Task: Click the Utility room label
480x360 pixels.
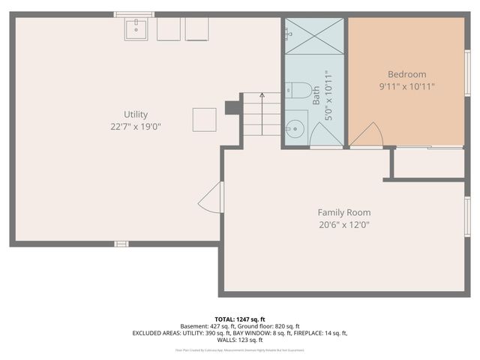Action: coord(136,115)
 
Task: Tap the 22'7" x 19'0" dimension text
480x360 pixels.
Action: coord(136,127)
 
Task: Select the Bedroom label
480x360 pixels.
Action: coord(406,74)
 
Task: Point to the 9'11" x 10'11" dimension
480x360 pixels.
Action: coord(406,86)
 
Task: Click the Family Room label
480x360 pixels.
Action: coord(343,212)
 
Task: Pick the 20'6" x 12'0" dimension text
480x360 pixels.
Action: coord(343,224)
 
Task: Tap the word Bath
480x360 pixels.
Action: coord(316,95)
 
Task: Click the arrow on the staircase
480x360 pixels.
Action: coord(262,96)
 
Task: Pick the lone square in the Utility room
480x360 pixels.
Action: coord(205,119)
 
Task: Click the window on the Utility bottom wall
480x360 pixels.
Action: coord(121,244)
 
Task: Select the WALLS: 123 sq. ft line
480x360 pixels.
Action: coord(240,340)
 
